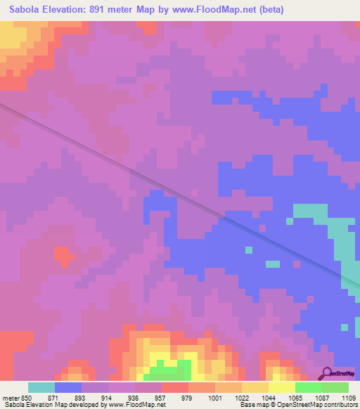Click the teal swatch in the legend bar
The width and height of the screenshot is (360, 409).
(x=41, y=387)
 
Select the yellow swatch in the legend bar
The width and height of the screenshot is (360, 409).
(x=282, y=387)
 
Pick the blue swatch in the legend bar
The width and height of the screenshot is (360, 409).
(x=68, y=387)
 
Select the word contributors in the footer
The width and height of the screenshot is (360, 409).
(x=337, y=405)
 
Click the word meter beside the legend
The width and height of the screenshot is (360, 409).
(x=11, y=396)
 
